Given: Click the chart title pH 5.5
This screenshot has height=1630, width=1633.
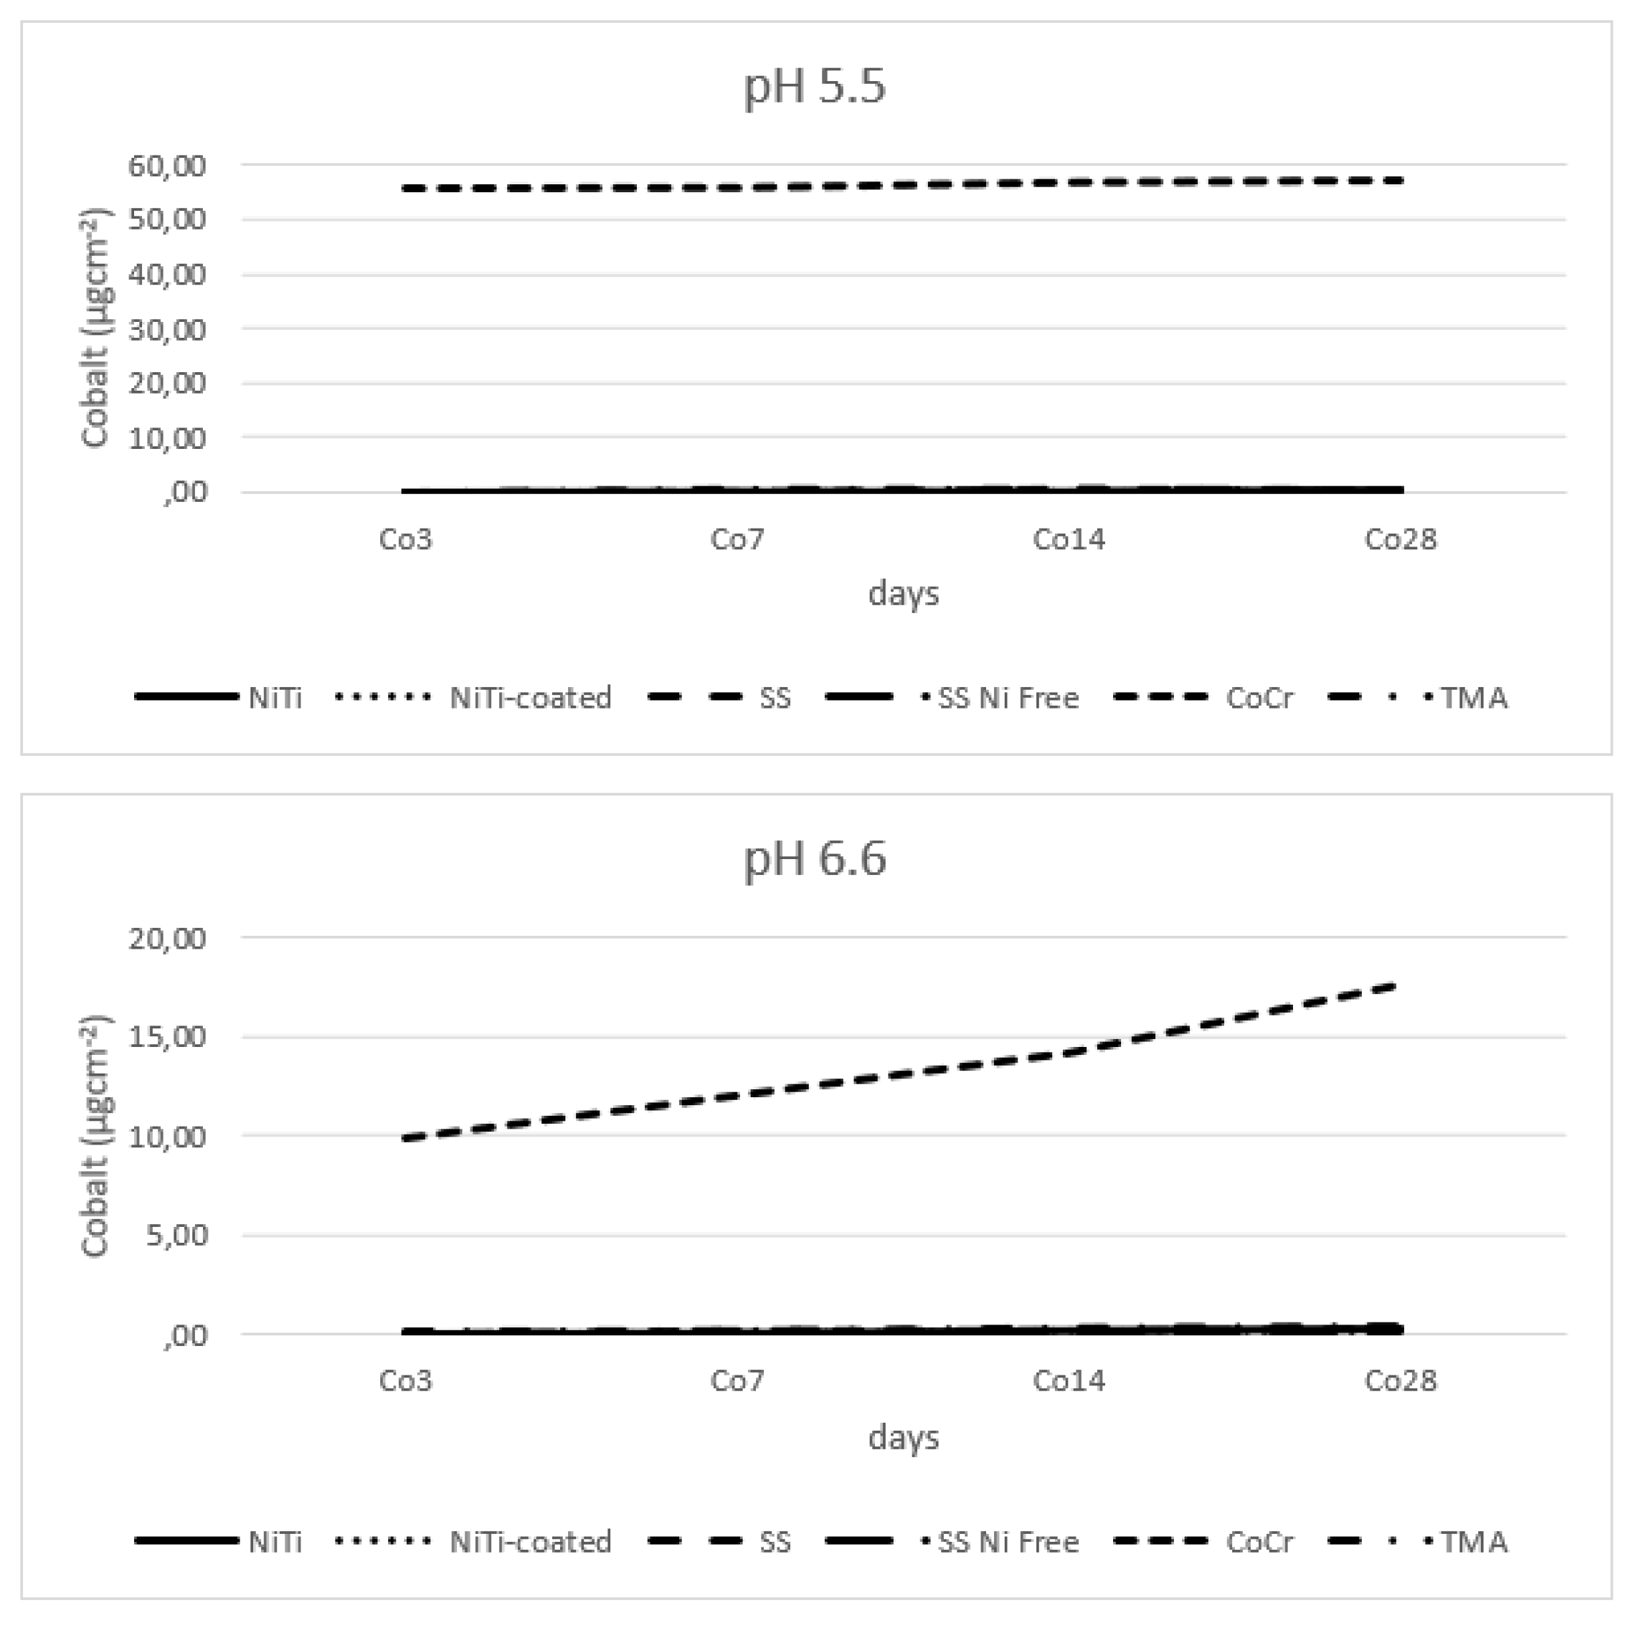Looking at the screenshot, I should [814, 86].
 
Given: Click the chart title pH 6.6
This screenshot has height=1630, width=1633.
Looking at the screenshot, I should [814, 859].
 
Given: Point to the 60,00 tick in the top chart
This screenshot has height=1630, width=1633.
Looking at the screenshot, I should [166, 166].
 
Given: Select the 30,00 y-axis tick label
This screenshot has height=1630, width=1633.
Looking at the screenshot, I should [166, 330].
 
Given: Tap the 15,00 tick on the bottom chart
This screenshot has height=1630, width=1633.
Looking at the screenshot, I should [166, 1037].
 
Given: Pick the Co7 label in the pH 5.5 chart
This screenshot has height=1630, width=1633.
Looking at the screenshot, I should [737, 539].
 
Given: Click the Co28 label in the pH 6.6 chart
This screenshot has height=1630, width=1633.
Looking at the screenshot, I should [1400, 1380].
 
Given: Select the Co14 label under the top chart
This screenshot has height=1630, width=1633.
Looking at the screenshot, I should [1069, 539].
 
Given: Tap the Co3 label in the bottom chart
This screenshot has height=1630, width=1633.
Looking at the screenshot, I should [405, 1380].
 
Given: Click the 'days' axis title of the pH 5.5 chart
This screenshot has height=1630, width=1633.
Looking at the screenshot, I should [903, 593].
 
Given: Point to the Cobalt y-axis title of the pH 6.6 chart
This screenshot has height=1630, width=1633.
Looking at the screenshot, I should [95, 1137].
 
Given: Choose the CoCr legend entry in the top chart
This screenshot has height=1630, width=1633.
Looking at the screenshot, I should [1259, 698].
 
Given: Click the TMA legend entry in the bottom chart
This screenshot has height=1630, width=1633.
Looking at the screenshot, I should [1473, 1542].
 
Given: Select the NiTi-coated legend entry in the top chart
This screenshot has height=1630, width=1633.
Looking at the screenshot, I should [530, 698].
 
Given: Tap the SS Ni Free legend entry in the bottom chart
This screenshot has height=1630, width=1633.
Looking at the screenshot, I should [1008, 1542].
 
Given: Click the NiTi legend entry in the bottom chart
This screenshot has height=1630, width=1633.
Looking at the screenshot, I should [275, 1542].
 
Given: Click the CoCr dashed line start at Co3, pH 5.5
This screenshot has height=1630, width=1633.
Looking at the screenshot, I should [407, 189].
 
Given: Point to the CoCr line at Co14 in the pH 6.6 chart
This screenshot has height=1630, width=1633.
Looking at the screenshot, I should [1069, 1053].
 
